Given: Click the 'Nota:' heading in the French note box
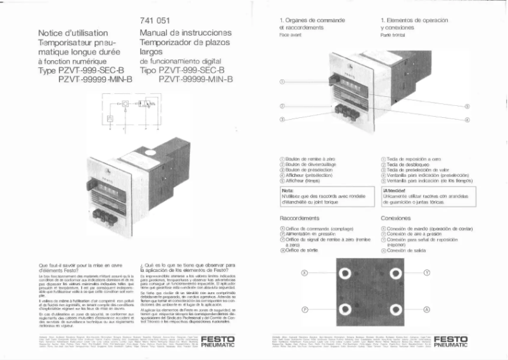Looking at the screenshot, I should click(x=286, y=190).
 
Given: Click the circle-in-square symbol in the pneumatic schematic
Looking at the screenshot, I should click(x=126, y=101).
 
